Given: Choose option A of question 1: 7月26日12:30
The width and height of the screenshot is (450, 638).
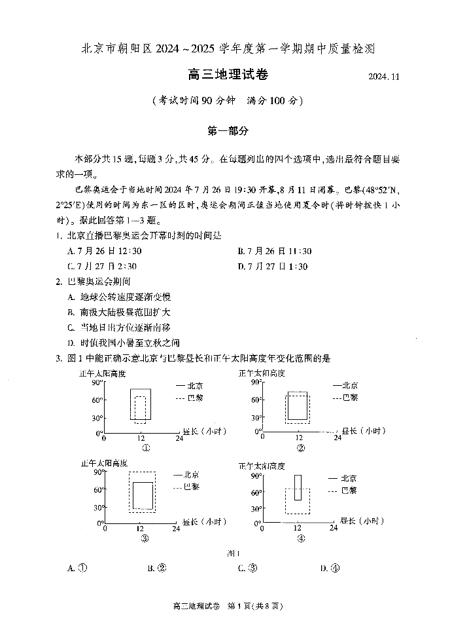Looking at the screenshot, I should [x=105, y=251].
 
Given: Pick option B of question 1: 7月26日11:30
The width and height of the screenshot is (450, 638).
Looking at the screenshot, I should [x=275, y=251].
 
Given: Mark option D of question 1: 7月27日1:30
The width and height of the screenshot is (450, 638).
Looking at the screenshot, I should [x=273, y=267].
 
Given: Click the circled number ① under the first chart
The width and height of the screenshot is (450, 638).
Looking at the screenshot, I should [x=146, y=449].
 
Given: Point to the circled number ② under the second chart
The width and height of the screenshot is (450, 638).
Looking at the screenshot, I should [x=300, y=449].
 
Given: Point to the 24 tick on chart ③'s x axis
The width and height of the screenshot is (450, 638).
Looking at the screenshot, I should [x=176, y=529].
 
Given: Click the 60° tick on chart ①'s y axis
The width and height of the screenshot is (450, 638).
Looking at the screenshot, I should [x=97, y=400].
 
